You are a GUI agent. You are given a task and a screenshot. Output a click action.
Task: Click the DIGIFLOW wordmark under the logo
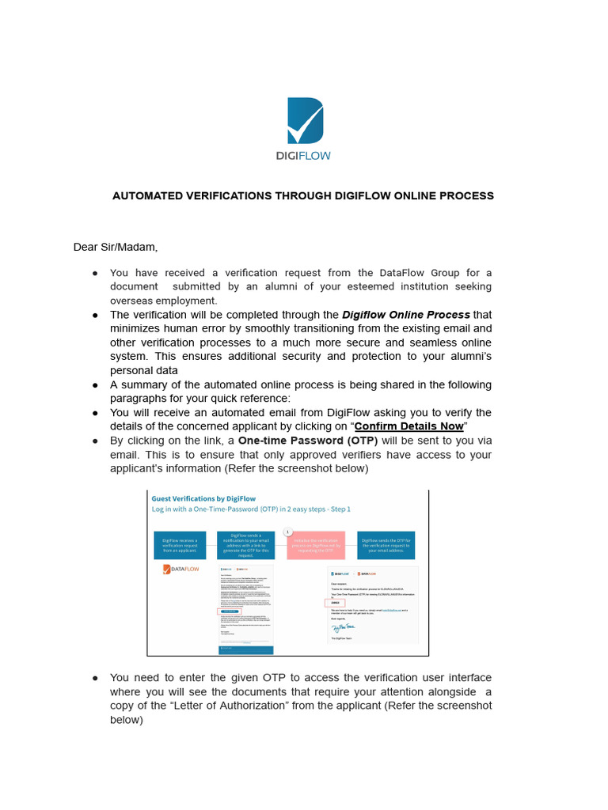303,156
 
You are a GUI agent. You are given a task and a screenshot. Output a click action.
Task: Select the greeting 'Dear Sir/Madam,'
116,247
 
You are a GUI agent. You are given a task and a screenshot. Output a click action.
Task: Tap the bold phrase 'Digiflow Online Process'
405,315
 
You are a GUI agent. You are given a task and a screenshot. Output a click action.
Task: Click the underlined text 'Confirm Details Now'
408,426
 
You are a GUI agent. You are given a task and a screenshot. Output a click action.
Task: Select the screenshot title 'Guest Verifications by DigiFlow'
203,499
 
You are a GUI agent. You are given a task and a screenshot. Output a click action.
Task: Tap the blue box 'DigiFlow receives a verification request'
179,544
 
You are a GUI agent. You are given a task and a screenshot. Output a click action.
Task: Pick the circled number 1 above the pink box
288,532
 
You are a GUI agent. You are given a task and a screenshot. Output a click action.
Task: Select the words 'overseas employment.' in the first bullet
163,301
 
